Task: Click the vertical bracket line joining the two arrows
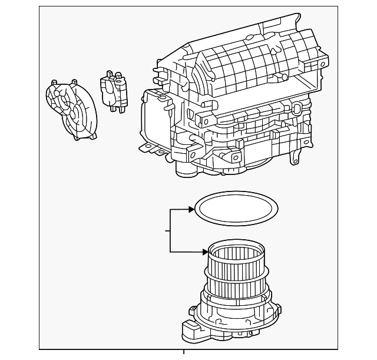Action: click(170, 230)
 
